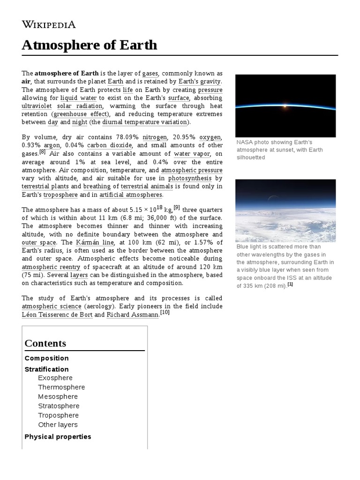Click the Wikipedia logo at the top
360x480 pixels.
click(x=49, y=24)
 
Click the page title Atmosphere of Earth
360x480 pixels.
click(x=90, y=45)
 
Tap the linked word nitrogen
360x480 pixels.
click(x=155, y=137)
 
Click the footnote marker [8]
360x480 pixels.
click(x=42, y=151)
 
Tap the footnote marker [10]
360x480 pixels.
click(x=165, y=313)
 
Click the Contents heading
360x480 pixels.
click(x=45, y=343)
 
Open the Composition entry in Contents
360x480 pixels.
click(x=47, y=358)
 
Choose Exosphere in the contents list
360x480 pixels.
click(x=55, y=378)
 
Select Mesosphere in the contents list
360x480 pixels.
click(x=58, y=397)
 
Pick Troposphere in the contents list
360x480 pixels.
click(x=59, y=415)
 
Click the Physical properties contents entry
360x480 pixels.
click(x=58, y=436)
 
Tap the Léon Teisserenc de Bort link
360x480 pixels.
click(x=57, y=315)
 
